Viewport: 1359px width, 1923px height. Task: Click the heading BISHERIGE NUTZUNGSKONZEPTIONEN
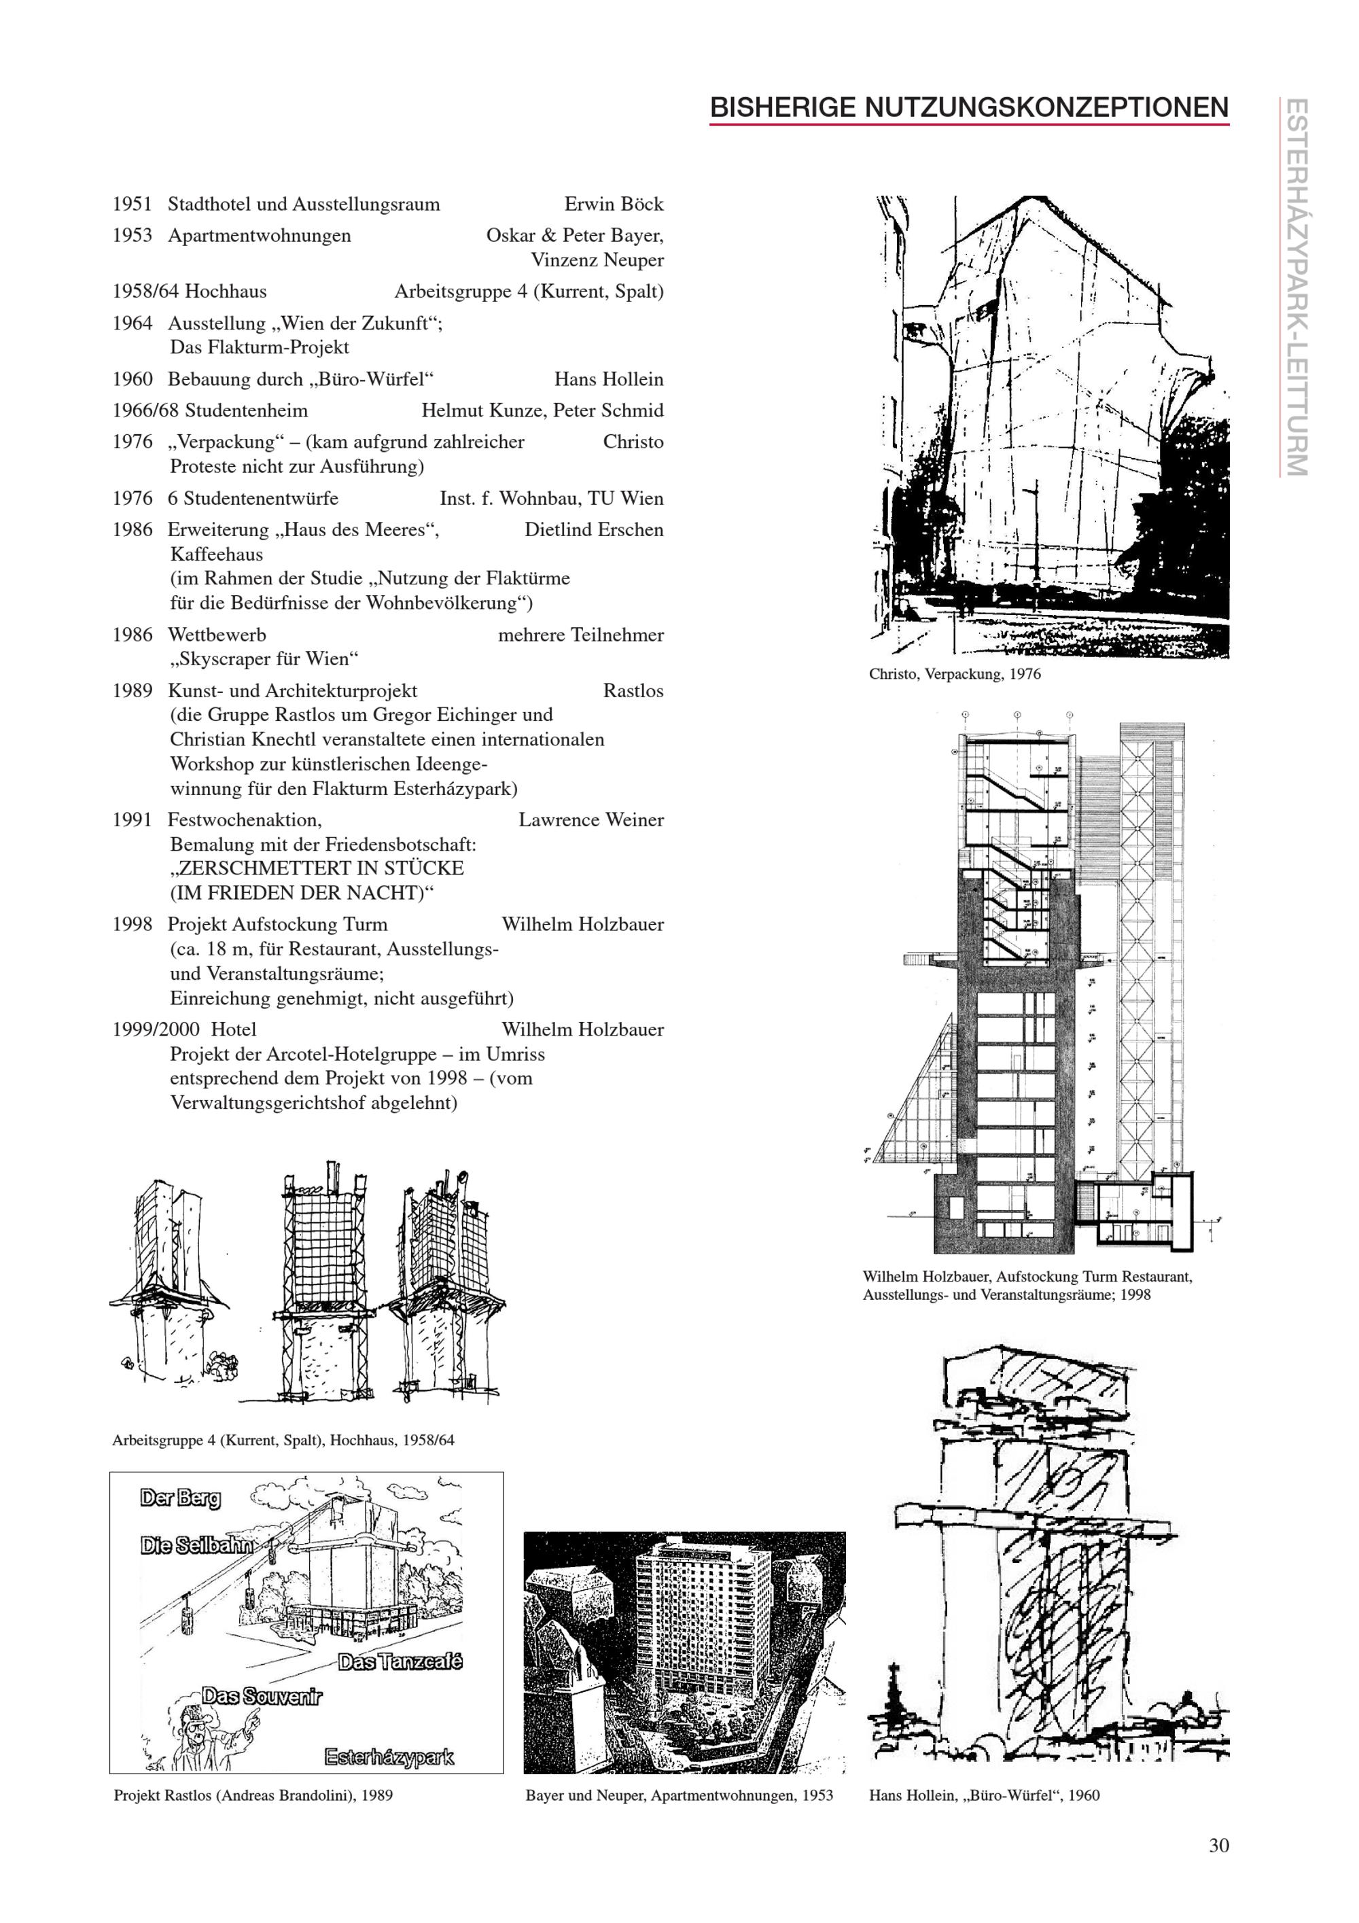(x=969, y=107)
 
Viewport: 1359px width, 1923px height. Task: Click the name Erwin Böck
(x=613, y=205)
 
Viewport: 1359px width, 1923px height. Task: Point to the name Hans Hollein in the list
(x=608, y=379)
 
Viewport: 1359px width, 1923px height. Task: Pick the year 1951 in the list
(x=133, y=205)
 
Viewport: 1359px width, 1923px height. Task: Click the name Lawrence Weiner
(x=590, y=820)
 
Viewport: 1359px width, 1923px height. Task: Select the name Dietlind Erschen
(x=594, y=530)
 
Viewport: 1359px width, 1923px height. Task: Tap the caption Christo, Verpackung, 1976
(x=955, y=674)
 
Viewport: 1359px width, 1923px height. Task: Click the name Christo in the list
(x=633, y=442)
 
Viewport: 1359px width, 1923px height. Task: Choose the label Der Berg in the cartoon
(x=180, y=1498)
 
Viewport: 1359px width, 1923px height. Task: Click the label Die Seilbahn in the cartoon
(x=198, y=1546)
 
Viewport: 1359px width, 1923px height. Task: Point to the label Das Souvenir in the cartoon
(x=261, y=1697)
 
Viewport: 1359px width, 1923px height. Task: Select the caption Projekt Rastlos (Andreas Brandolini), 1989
(x=253, y=1796)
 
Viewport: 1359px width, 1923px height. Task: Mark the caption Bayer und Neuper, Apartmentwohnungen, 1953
(x=679, y=1796)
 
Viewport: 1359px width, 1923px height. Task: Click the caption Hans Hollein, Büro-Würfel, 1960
(x=984, y=1796)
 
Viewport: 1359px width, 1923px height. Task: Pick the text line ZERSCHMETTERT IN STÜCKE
(x=317, y=868)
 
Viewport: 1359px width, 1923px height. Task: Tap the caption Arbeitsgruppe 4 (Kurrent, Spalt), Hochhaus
(x=283, y=1441)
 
